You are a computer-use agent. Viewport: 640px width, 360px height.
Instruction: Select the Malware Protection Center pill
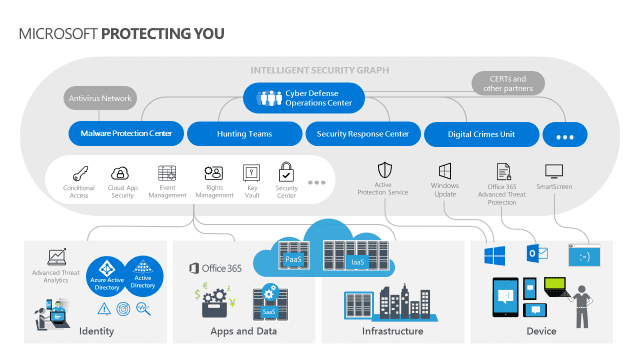126,133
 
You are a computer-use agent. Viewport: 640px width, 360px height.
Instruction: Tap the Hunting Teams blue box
244,133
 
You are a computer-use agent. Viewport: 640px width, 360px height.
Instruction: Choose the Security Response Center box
362,133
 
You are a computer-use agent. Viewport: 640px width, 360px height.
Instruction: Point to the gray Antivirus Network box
100,99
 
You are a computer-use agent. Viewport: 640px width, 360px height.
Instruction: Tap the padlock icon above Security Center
286,171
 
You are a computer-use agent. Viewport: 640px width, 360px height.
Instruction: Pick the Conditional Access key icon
79,173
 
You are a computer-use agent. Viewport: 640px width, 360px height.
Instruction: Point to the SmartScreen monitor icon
555,171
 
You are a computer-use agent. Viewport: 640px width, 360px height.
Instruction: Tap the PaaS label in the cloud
293,259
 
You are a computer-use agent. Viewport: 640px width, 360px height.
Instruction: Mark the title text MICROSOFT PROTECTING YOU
121,34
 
